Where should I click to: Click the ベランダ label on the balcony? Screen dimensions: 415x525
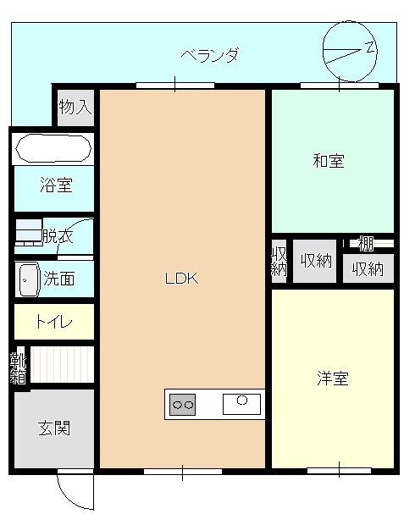(210, 55)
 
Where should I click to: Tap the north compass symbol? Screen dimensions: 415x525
(350, 51)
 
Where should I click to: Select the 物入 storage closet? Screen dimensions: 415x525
(75, 108)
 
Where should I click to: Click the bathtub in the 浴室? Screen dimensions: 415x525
(53, 148)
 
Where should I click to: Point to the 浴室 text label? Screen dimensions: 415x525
(56, 185)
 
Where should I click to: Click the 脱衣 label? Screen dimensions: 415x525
(58, 237)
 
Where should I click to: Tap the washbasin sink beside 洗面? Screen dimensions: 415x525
(28, 279)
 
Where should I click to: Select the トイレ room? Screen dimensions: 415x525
(54, 322)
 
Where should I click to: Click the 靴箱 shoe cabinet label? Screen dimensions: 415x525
(18, 367)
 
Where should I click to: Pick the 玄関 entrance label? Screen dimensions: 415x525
(54, 428)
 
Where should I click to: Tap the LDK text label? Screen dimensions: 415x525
(182, 279)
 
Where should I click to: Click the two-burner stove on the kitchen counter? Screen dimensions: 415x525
(183, 405)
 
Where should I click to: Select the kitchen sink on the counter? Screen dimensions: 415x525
(242, 404)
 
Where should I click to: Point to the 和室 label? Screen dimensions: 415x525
(329, 161)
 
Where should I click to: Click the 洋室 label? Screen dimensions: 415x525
(333, 379)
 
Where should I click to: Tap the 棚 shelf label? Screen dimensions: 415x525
(366, 243)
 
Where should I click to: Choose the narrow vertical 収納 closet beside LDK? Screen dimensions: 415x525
(279, 261)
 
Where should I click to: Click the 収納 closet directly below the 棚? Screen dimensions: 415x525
(368, 268)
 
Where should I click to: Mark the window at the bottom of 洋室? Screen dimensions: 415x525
(339, 471)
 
